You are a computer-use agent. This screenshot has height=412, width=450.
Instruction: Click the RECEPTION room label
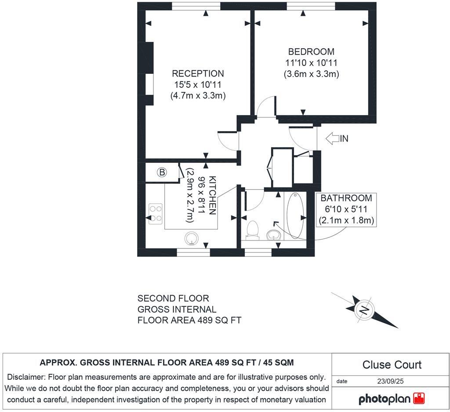[198, 73]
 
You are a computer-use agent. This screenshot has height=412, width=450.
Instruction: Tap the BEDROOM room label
[311, 51]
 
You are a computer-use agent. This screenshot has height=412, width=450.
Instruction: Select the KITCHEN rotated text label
[212, 195]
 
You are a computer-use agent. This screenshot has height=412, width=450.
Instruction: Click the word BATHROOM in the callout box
[346, 198]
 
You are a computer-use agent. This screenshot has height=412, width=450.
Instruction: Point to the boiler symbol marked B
[162, 173]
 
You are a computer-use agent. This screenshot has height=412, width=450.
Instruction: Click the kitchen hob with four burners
[156, 214]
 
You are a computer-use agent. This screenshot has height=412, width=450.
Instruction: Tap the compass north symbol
[364, 310]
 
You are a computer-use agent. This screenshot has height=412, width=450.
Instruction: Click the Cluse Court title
[392, 365]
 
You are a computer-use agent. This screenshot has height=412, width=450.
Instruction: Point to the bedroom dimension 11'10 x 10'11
[311, 63]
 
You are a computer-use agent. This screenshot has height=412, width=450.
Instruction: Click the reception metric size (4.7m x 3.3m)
[198, 96]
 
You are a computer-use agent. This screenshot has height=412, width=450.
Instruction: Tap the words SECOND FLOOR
[173, 299]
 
